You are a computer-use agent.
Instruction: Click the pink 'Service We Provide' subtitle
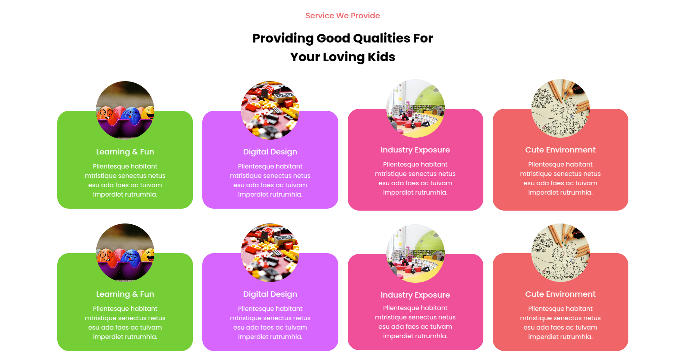343,16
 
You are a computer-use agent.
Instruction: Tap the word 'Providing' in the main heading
283,39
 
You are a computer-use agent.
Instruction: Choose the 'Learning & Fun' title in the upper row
125,152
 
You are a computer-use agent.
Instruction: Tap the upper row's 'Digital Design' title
270,152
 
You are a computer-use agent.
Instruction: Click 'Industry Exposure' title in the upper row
415,150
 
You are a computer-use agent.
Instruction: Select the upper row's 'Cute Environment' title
560,150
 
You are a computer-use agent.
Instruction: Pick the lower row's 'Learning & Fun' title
125,294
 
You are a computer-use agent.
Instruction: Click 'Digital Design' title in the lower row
270,294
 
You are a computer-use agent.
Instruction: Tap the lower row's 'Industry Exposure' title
415,295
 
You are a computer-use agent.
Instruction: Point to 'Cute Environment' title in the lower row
560,294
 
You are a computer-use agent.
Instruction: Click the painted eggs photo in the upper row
125,110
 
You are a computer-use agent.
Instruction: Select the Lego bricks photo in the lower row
270,252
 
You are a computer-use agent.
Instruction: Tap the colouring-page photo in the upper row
561,108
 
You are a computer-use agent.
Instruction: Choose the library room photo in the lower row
416,254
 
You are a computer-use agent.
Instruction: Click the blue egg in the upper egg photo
131,116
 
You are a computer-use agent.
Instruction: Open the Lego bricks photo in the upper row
270,110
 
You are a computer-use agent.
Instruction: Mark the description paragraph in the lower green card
125,323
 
